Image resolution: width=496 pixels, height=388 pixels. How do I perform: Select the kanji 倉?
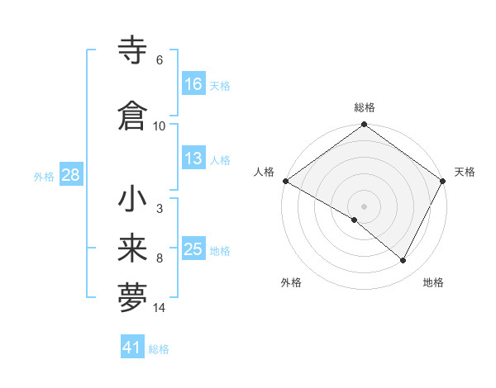(134, 116)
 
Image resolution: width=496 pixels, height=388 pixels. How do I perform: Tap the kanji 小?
(134, 200)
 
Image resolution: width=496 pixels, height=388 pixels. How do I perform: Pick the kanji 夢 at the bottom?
(134, 297)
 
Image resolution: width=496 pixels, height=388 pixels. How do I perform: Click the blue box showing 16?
(193, 83)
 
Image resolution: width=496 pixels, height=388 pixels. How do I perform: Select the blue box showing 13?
(193, 159)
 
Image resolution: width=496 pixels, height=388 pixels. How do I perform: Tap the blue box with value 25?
(193, 249)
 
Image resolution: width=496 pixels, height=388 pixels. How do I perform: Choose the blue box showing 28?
(69, 175)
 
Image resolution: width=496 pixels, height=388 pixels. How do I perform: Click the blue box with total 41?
(132, 348)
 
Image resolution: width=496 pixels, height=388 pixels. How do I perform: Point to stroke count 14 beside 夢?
(160, 308)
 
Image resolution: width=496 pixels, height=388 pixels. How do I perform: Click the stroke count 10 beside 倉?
(160, 125)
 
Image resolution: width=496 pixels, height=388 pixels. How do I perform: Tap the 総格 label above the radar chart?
(364, 107)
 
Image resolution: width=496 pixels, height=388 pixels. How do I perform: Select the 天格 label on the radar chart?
(465, 172)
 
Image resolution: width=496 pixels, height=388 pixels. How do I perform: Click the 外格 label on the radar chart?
(291, 283)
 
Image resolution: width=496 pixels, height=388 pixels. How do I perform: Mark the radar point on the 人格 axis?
(285, 181)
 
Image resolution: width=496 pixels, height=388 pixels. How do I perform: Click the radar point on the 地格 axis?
(403, 261)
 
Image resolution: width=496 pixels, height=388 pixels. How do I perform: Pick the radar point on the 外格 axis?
(355, 220)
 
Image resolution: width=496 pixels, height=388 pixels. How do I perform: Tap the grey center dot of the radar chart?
(364, 206)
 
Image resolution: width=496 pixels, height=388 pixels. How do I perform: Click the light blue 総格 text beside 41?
(160, 349)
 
